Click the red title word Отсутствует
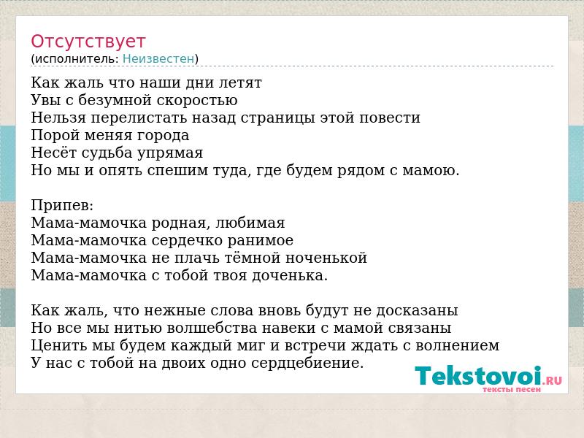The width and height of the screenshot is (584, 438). point(88,41)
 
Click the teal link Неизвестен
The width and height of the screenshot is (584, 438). point(158,59)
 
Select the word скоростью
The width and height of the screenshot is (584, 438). point(196,100)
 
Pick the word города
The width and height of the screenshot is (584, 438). point(164,135)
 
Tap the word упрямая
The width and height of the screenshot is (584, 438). point(170,153)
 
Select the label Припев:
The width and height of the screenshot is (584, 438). point(62,205)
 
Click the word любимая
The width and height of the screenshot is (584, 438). point(250,223)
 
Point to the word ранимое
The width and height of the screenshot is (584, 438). point(260,240)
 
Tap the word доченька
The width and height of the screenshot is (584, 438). point(288,276)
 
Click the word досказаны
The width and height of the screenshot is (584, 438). point(417,310)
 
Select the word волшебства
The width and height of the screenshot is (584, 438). point(210,328)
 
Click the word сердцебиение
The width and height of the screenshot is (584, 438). point(306,363)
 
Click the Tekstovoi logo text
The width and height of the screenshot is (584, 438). point(478,375)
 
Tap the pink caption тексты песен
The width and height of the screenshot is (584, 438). point(512,389)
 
